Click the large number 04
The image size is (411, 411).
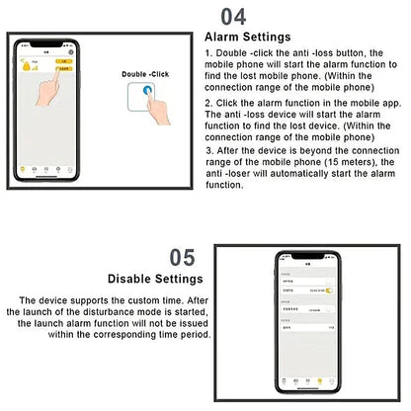(x=233, y=16)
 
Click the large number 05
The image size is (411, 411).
(x=182, y=258)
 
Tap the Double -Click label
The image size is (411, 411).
(x=147, y=74)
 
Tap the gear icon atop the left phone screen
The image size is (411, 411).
(x=71, y=51)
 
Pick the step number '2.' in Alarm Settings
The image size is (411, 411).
(x=207, y=102)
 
